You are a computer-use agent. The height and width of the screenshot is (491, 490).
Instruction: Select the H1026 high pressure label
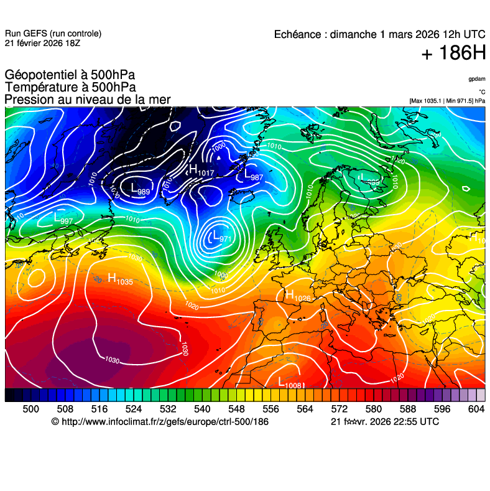pos(297,296)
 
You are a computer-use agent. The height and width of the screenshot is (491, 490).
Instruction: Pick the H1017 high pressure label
pos(201,170)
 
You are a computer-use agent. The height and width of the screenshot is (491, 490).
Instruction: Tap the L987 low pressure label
pos(254,175)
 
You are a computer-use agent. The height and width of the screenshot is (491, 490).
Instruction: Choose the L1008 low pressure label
pos(290,383)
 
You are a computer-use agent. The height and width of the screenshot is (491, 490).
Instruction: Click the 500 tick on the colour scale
pos(30,408)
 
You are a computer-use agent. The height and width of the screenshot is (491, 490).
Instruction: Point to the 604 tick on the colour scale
pos(476,408)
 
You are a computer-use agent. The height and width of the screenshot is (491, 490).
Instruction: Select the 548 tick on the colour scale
pos(236,408)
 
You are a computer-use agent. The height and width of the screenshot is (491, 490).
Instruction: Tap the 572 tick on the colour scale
pos(339,408)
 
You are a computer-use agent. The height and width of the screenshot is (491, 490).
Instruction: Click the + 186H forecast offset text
pos(453,54)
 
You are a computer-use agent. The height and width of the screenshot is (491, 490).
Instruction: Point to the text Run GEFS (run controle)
pos(53,34)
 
